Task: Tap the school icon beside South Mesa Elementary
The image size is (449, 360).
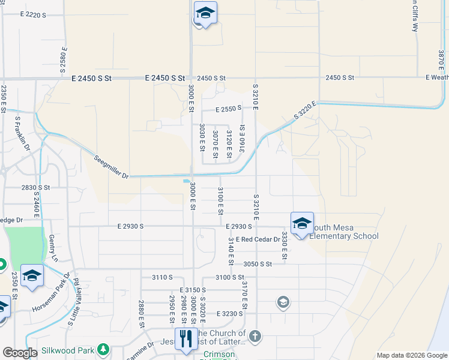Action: coord(302,223)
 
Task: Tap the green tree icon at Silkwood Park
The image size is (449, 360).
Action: coord(103,348)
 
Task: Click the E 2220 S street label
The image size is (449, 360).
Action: coord(32,14)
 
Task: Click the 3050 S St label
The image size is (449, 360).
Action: coord(258,264)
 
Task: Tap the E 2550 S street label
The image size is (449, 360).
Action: coord(228,109)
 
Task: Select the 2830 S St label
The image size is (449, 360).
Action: coord(35,187)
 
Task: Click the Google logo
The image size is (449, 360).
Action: coord(20,353)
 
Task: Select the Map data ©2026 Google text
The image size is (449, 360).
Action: coord(411,355)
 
